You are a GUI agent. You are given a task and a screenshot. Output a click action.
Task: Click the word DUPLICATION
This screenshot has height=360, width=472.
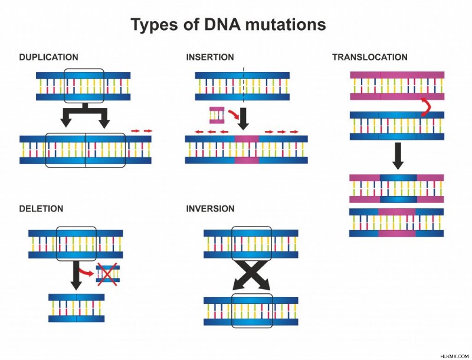pos(48,57)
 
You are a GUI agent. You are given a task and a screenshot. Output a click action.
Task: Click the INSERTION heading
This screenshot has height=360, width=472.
pos(210,57)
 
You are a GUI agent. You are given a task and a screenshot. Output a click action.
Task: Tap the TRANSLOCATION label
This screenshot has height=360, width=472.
pos(370,57)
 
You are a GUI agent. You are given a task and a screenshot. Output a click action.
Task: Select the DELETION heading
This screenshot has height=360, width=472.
pos(41,208)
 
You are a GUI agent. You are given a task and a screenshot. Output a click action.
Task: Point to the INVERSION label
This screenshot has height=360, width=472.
pos(210,208)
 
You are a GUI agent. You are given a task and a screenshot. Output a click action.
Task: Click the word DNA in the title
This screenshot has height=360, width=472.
pos(222,24)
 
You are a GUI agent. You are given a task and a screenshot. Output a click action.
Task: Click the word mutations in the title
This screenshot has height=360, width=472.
pos(286,24)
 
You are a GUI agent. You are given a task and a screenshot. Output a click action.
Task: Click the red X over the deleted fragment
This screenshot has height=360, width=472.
pos(107,274)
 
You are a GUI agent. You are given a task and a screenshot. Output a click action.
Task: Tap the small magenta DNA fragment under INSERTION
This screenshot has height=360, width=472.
pos(217,115)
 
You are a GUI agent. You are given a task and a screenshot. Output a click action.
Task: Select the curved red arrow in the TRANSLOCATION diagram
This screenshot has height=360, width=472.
pos(426,107)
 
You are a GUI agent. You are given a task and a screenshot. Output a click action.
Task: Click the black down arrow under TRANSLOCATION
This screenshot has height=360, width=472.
pos(398,156)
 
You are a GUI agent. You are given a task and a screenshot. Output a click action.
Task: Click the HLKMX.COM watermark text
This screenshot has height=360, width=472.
pos(454,356)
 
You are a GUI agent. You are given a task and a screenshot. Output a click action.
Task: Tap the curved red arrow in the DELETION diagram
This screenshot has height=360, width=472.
pos(87,272)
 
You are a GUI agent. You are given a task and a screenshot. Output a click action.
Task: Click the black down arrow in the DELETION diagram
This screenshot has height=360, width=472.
pos(76,275)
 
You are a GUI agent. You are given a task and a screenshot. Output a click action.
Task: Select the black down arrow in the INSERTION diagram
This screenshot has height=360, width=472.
pos(243,118)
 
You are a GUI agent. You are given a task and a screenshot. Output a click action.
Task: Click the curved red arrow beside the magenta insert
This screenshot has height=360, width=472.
pos(233,114)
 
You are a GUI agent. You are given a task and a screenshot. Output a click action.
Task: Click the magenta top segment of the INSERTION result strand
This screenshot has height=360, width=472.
pos(247,139)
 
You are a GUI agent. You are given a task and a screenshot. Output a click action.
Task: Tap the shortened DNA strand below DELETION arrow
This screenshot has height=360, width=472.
pos(77,308)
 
